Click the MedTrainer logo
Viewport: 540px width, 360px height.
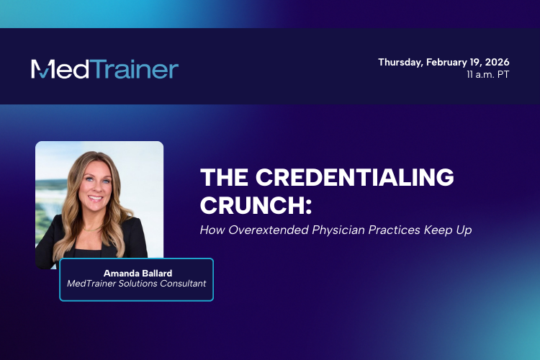(104, 69)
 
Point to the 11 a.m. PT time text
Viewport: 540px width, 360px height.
(487, 74)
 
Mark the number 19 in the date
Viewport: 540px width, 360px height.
(479, 62)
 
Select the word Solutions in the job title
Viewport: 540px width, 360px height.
(137, 284)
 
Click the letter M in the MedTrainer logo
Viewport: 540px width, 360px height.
(41, 69)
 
